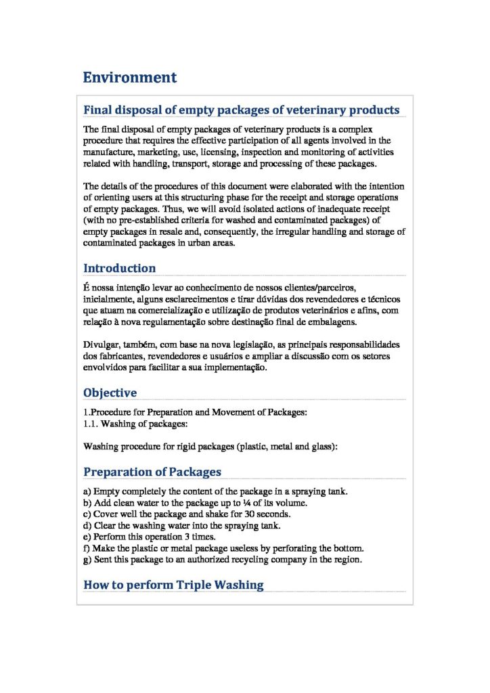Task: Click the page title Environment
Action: point(129,77)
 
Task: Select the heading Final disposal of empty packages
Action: point(241,110)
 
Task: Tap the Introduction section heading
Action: point(119,268)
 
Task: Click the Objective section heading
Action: point(110,393)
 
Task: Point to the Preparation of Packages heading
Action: point(152,472)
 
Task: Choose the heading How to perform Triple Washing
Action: point(173,585)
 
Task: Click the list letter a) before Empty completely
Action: point(87,491)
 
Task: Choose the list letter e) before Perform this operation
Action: point(87,537)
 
